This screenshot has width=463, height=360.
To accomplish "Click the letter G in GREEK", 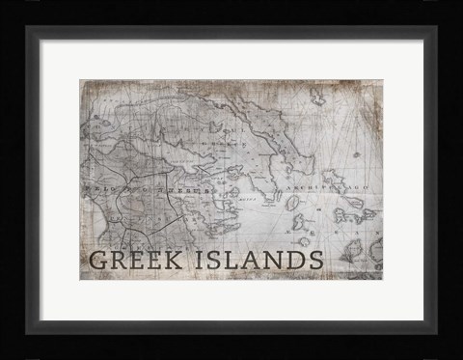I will [x=96, y=261].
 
